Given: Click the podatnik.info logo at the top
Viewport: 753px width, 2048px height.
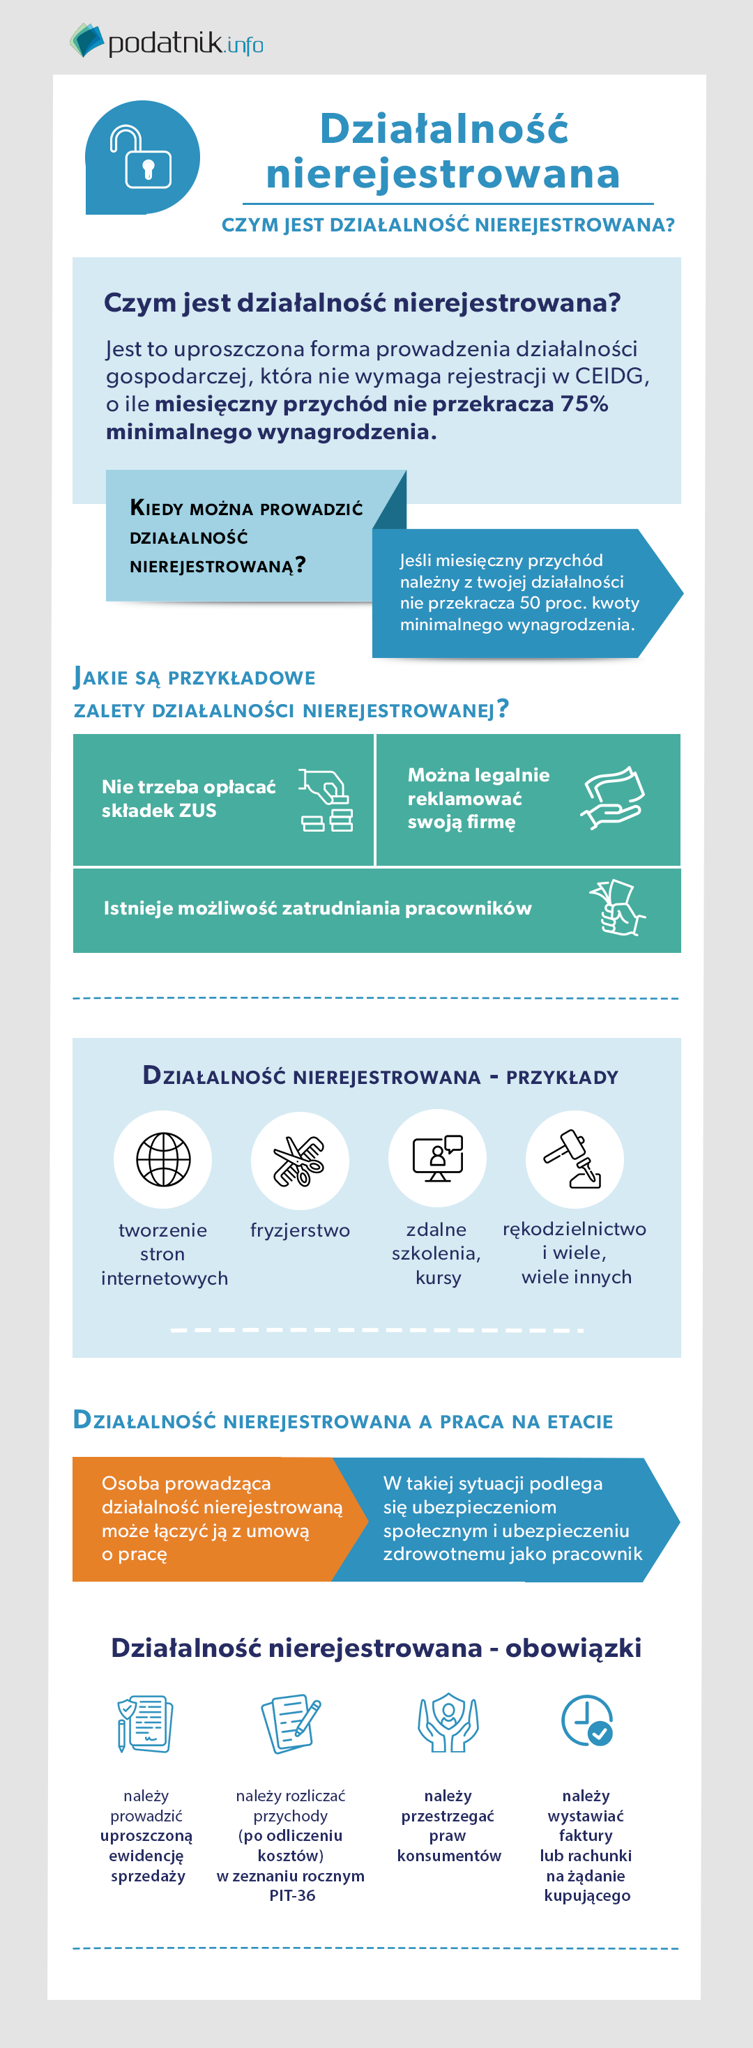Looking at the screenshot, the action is (166, 41).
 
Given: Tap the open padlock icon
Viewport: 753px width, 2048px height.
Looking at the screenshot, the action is (142, 158).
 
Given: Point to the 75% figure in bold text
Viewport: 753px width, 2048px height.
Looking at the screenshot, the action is (584, 404).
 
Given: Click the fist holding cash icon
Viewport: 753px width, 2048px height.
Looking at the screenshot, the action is (618, 907).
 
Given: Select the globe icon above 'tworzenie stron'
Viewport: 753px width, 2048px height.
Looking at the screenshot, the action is (163, 1159).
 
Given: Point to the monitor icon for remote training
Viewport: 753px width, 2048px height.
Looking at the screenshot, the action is (437, 1159).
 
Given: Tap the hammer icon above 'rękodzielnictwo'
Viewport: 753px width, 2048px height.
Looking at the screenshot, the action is (574, 1159).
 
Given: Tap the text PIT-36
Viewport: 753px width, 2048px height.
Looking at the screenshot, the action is (292, 1895).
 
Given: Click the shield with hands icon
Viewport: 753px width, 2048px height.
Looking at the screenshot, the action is (448, 1722).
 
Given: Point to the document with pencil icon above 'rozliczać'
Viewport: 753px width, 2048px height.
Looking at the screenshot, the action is (291, 1723).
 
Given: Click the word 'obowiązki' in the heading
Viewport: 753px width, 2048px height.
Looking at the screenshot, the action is (573, 1648).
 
